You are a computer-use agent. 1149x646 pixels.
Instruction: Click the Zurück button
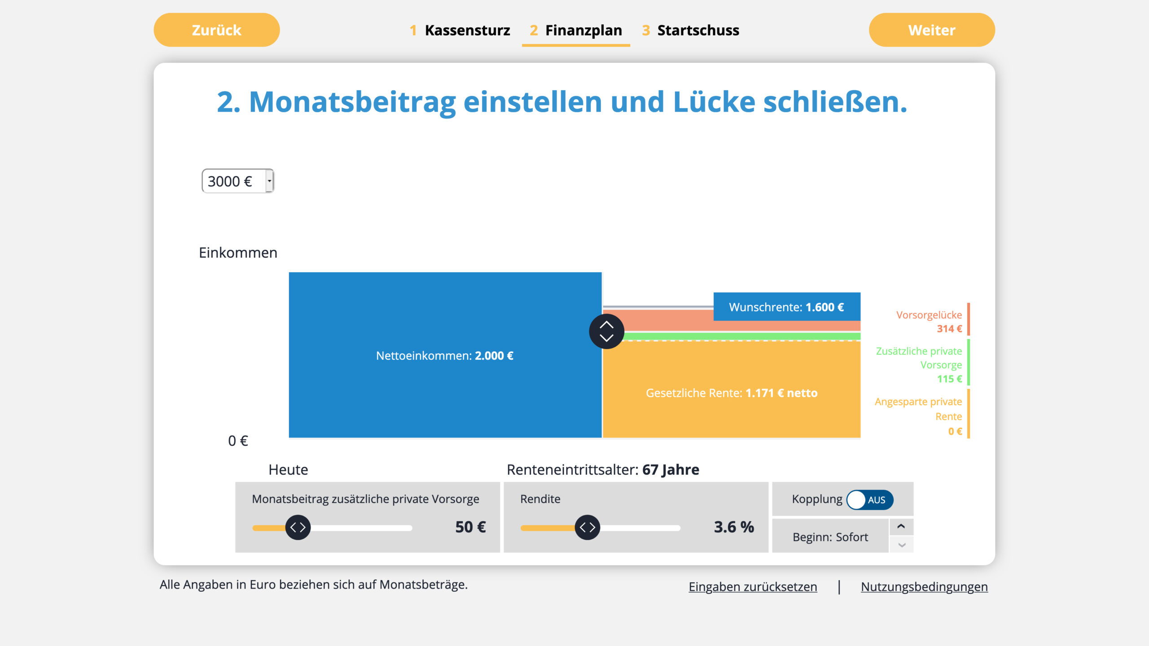(216, 30)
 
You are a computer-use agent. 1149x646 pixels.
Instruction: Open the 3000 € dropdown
(238, 181)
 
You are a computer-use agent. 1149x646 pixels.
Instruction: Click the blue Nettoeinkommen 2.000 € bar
(444, 355)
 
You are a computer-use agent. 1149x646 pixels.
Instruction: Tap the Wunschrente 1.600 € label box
(786, 307)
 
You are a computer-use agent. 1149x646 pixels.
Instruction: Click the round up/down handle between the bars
(606, 331)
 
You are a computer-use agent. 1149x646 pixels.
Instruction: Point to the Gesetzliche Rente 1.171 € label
(731, 393)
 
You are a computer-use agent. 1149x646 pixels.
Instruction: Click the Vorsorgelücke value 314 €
(949, 329)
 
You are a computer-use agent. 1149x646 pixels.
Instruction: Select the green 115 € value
(949, 379)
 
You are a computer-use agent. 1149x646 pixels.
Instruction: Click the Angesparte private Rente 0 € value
(955, 432)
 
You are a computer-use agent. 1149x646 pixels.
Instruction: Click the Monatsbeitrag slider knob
(298, 528)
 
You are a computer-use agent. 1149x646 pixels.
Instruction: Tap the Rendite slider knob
(587, 528)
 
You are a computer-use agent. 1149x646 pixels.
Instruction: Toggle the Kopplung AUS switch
(869, 500)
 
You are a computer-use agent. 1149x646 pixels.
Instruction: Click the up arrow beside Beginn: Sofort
(901, 527)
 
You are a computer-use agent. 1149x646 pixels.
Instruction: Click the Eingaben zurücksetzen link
(753, 587)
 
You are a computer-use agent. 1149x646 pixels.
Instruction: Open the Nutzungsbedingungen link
(924, 587)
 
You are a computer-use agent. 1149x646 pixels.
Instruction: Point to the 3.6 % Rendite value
(734, 527)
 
